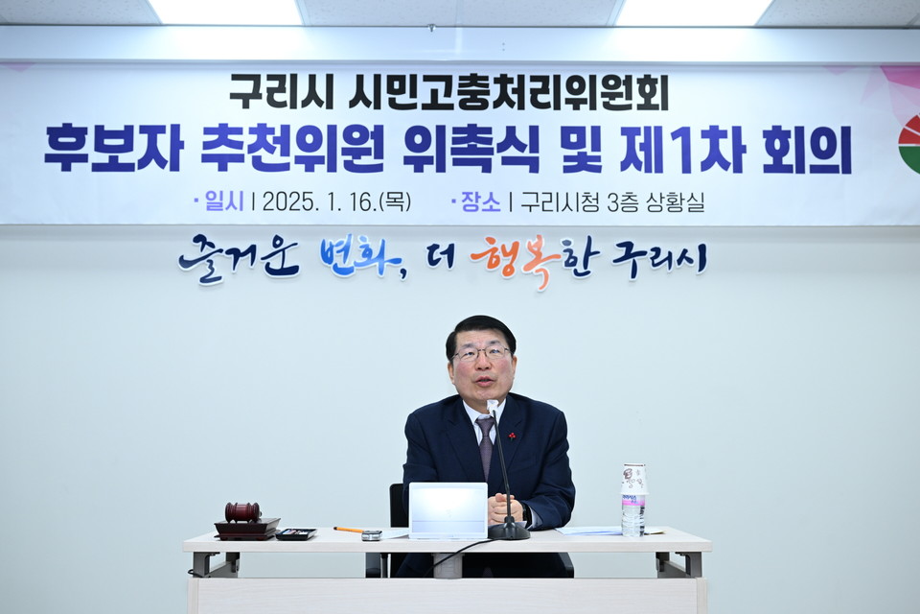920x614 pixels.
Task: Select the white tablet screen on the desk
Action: click(x=448, y=509)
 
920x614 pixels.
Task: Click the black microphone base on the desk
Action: click(x=508, y=531)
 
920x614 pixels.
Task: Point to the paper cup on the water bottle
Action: click(x=633, y=479)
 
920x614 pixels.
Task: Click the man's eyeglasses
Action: click(x=481, y=353)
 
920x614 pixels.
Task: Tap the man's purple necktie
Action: click(x=486, y=443)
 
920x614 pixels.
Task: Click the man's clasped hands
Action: click(x=504, y=508)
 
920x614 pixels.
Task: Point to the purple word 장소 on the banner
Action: click(x=480, y=201)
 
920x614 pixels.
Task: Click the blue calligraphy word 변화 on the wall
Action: click(x=361, y=257)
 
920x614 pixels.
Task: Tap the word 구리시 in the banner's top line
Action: click(x=281, y=92)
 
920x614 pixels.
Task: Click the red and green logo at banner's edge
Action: click(x=908, y=144)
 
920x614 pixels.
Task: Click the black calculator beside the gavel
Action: click(x=295, y=533)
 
